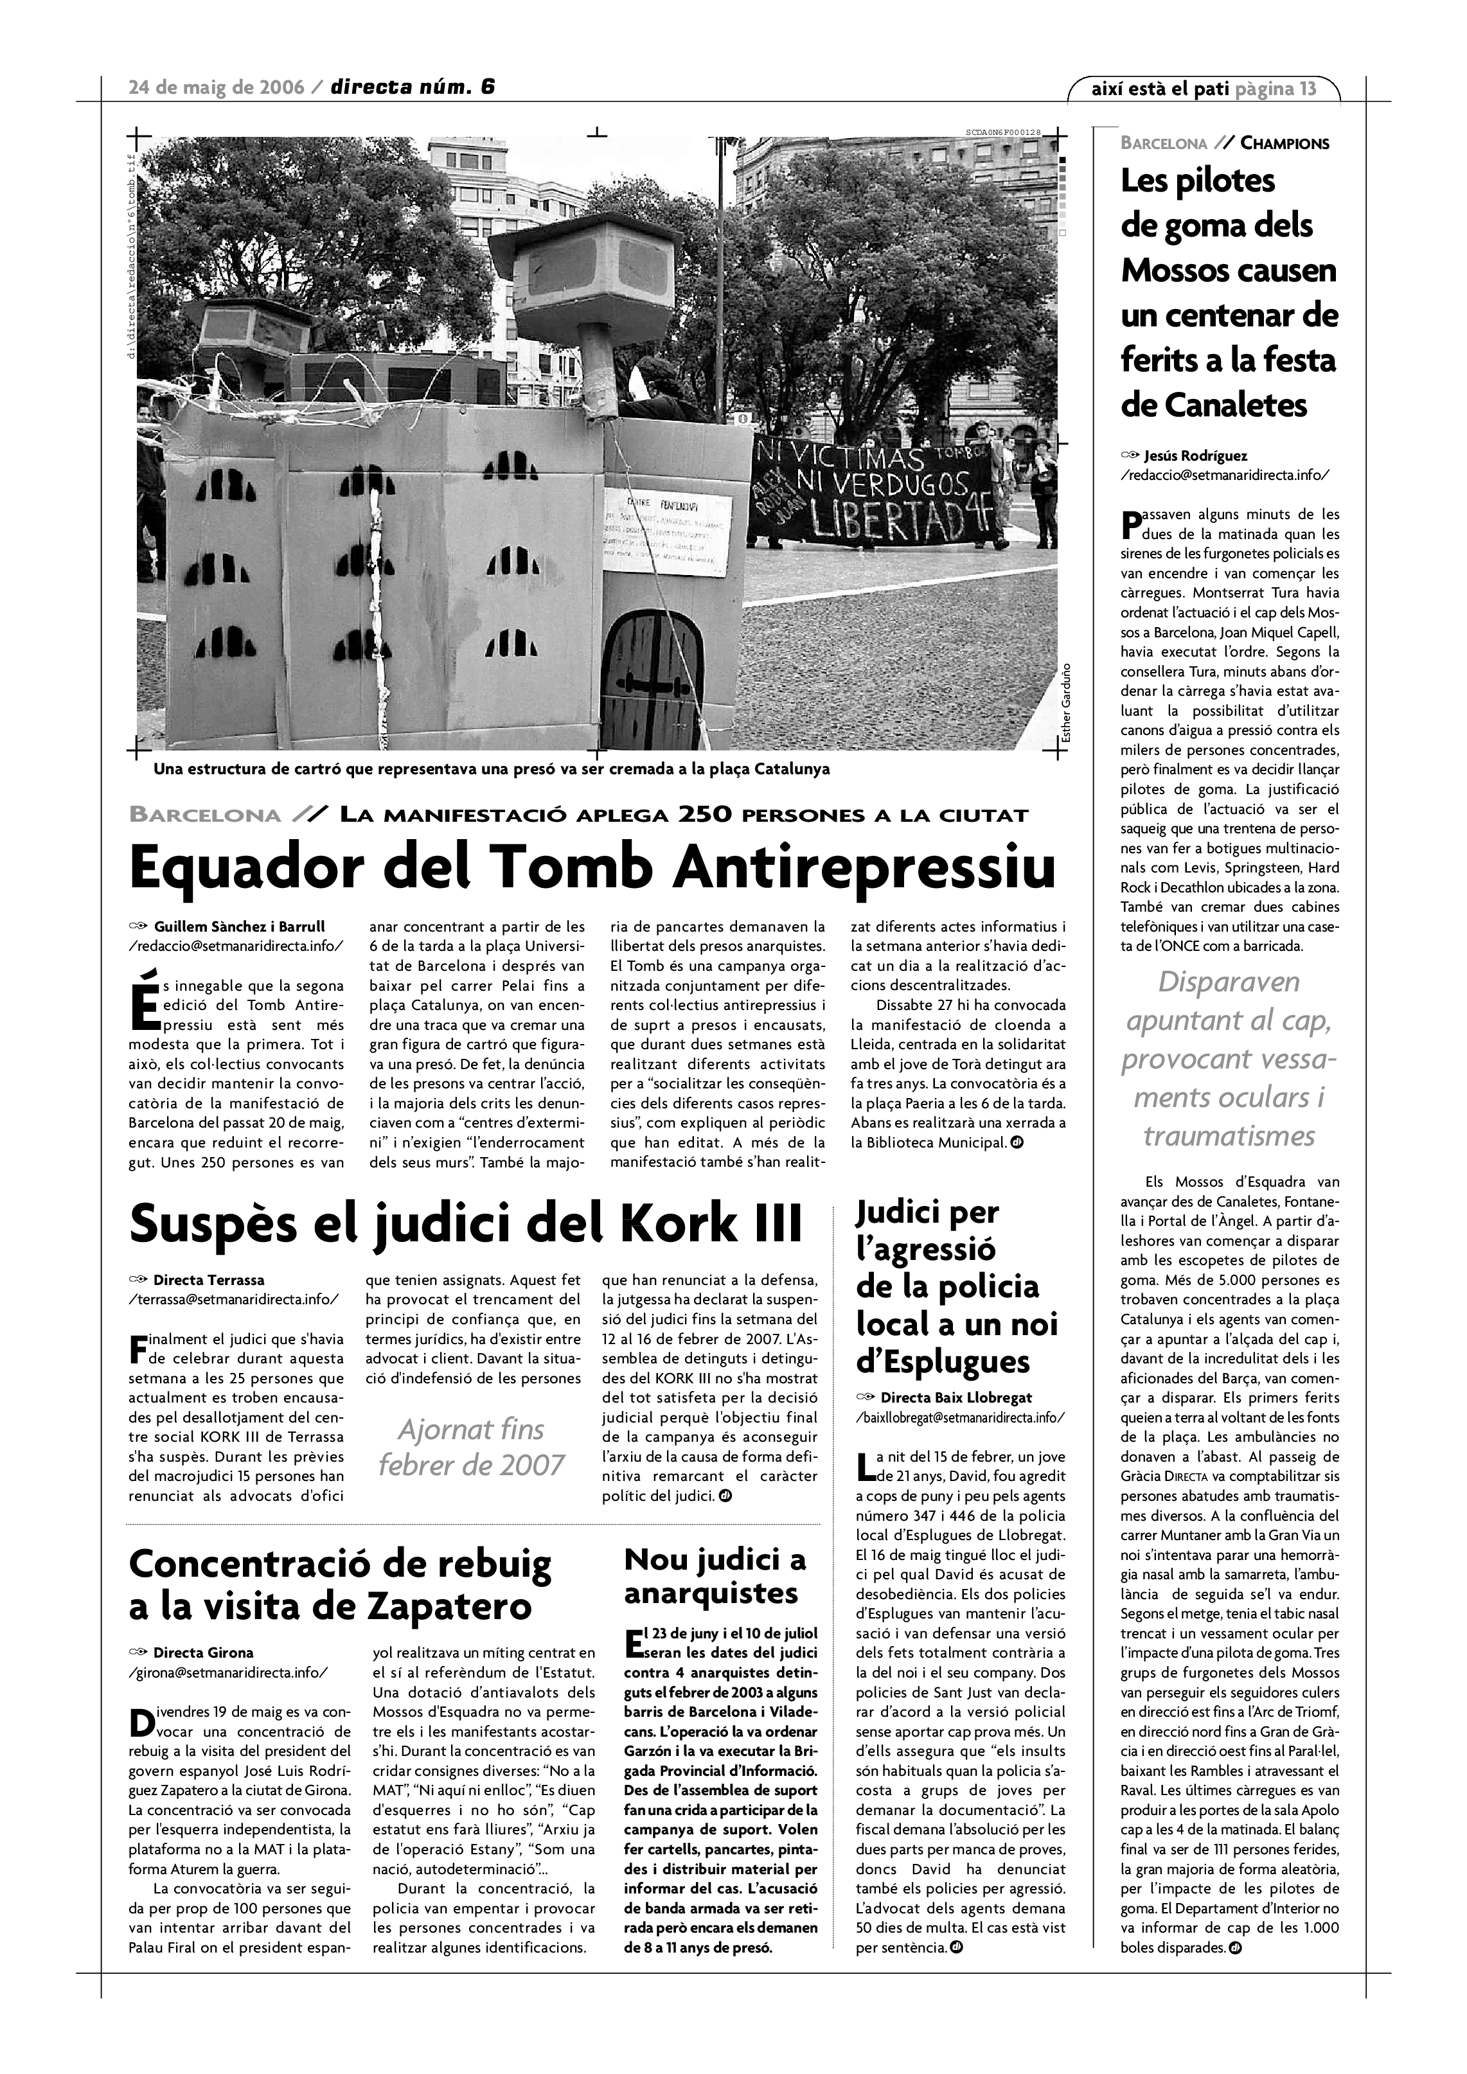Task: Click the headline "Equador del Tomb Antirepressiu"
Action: [x=592, y=868]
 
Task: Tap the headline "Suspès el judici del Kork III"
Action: [x=466, y=1224]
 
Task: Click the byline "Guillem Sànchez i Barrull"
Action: [x=240, y=926]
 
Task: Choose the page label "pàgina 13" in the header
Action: [x=1276, y=89]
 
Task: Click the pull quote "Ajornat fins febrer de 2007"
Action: [x=470, y=1446]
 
